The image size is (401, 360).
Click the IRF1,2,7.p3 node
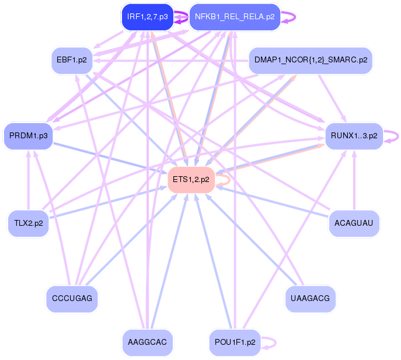(x=147, y=17)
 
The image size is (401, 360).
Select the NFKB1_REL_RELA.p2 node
(x=235, y=17)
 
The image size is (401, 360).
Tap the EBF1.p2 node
(x=72, y=60)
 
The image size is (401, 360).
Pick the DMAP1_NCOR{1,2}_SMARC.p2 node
(x=311, y=60)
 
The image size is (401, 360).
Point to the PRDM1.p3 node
(x=28, y=136)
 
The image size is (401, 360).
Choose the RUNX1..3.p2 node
(x=354, y=136)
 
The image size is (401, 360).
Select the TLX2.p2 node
(x=28, y=222)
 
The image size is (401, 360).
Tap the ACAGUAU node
(x=354, y=222)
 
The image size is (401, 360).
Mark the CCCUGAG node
(x=72, y=298)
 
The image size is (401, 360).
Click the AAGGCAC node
(x=148, y=342)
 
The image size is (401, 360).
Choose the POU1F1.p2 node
(x=235, y=342)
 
